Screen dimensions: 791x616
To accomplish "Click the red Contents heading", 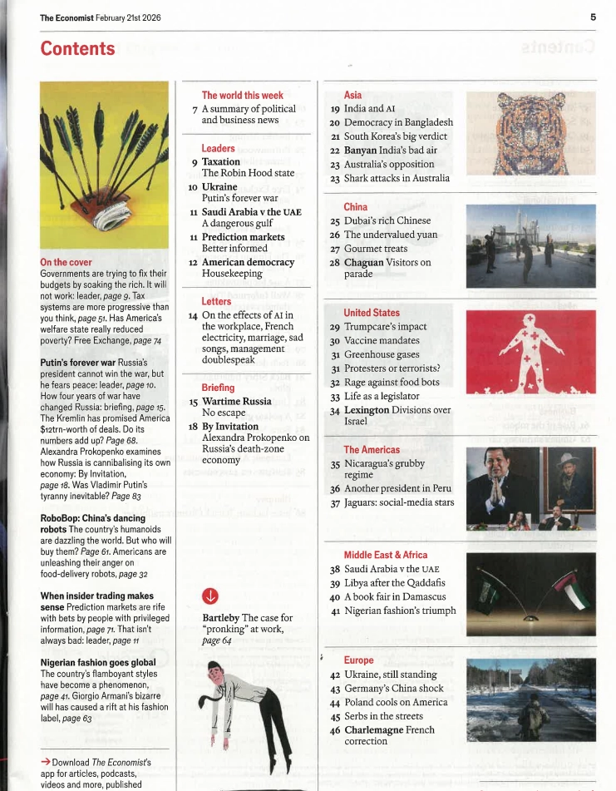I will (x=77, y=49).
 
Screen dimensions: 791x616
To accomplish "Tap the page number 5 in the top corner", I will (x=593, y=17).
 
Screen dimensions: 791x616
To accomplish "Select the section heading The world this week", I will (x=242, y=96).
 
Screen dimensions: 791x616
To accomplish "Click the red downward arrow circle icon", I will (x=210, y=596).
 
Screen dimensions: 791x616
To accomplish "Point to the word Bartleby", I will (x=221, y=618).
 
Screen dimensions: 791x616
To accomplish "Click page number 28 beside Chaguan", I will (x=335, y=263).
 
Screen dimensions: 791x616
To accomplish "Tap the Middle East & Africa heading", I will (x=386, y=555).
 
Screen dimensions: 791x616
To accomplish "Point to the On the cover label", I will (x=66, y=263).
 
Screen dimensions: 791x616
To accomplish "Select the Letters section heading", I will (x=216, y=301).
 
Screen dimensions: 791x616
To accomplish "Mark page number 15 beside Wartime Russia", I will (x=193, y=402).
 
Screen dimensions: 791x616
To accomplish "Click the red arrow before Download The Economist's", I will (x=45, y=762).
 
